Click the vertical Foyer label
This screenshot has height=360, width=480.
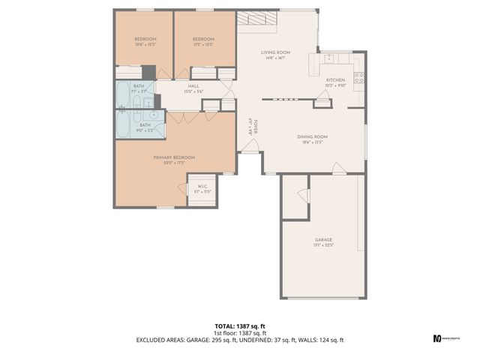253,126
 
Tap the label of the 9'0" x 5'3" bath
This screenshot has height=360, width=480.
144,127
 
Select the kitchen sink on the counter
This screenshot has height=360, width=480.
328,58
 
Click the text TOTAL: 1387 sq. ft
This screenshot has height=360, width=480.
239,326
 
